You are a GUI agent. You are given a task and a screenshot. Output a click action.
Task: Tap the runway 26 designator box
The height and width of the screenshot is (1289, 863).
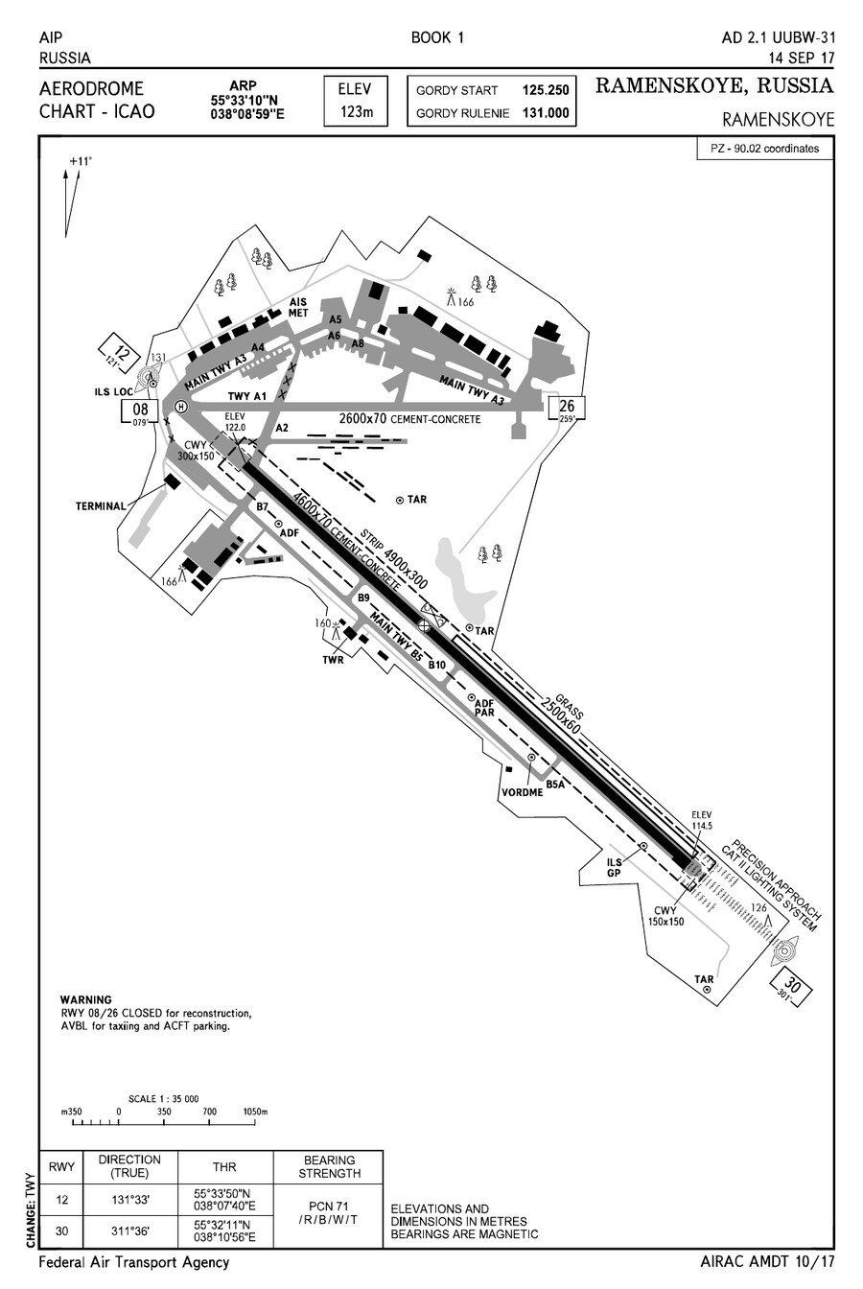point(567,408)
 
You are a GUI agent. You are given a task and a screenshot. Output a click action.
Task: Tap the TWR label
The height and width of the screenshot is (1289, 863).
point(333,660)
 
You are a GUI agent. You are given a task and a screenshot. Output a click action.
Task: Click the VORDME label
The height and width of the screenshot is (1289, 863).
point(522,792)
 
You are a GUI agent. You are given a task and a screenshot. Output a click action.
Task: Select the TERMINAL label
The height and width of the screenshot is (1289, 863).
point(101,506)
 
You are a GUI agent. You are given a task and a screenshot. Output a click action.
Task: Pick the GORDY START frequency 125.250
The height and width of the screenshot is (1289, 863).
point(545,90)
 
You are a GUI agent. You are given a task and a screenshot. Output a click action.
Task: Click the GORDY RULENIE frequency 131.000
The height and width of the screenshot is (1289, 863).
point(545,113)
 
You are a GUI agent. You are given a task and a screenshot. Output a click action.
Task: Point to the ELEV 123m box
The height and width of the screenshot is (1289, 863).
point(356,101)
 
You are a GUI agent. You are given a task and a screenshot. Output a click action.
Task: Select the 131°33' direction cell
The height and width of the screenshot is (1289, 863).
point(130,1200)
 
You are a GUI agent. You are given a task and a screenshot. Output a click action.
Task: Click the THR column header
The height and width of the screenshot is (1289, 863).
point(224,1166)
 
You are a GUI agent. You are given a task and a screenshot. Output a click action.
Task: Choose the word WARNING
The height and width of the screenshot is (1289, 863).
point(85,999)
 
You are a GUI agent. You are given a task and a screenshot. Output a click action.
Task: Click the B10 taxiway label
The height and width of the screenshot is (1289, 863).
point(437,666)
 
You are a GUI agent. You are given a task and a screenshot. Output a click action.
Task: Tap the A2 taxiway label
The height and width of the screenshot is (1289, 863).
point(282,428)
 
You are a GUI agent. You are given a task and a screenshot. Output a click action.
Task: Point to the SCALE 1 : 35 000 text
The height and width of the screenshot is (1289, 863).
point(163,1098)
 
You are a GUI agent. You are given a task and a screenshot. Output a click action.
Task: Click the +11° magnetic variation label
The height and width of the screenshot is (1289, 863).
point(81,162)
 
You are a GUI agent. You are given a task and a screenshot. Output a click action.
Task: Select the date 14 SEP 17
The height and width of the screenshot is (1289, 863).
point(802,59)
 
